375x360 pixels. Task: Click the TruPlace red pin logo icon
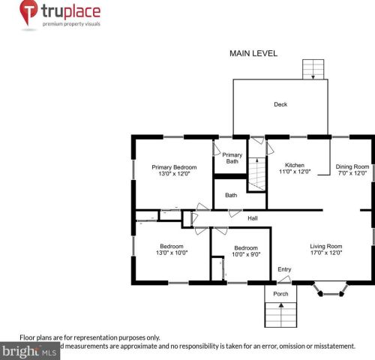[28, 13]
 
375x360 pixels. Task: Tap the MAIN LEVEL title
[253, 54]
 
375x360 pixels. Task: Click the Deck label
[280, 105]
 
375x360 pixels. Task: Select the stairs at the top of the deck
[311, 70]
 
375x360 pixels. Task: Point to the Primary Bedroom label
[174, 167]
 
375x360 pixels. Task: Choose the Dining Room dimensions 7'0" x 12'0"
[351, 173]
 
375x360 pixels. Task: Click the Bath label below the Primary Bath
[231, 196]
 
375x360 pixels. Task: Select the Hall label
[253, 218]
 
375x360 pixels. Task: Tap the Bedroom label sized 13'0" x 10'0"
[172, 246]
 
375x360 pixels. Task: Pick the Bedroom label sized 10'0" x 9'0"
[246, 247]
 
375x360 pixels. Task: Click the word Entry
[284, 269]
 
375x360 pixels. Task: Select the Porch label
[280, 294]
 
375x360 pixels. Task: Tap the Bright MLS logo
[30, 351]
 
